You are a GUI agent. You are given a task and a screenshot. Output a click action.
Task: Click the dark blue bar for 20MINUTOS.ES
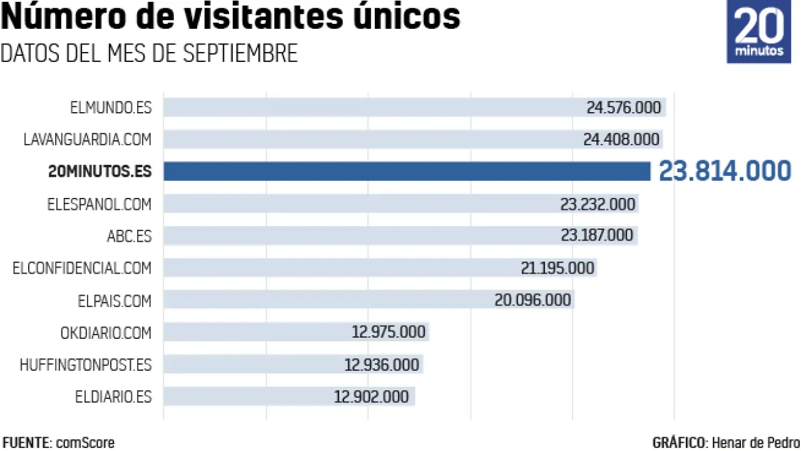pos(407,171)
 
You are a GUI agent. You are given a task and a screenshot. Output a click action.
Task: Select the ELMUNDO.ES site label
pos(111,107)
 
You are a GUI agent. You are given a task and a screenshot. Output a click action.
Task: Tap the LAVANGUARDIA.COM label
pos(88,139)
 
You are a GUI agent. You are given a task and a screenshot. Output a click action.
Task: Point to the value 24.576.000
pos(623,107)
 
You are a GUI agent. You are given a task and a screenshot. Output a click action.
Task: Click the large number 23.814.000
pos(725,171)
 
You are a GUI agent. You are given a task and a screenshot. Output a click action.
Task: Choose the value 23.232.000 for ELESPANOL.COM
pos(598,204)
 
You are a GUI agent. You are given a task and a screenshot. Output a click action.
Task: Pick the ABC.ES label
pos(129,236)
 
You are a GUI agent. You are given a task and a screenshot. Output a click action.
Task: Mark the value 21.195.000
pos(557,268)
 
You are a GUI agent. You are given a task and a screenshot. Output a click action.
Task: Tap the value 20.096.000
pos(533,300)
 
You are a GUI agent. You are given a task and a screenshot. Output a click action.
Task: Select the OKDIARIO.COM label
pos(106,333)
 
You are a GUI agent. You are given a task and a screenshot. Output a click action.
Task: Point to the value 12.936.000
pos(382,365)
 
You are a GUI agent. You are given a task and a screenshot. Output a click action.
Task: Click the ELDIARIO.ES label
pos(114,397)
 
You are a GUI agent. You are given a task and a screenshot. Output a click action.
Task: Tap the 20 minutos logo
pos(759,31)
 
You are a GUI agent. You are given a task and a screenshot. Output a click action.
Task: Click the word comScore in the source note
pos(85,443)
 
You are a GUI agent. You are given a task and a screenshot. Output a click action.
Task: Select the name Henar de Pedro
pos(756,443)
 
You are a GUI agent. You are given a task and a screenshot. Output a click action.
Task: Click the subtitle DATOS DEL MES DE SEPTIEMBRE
pos(149,53)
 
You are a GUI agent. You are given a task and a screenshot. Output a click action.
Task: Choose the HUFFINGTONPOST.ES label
pos(86,365)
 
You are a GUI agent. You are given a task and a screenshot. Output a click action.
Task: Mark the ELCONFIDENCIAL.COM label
pos(82,268)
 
